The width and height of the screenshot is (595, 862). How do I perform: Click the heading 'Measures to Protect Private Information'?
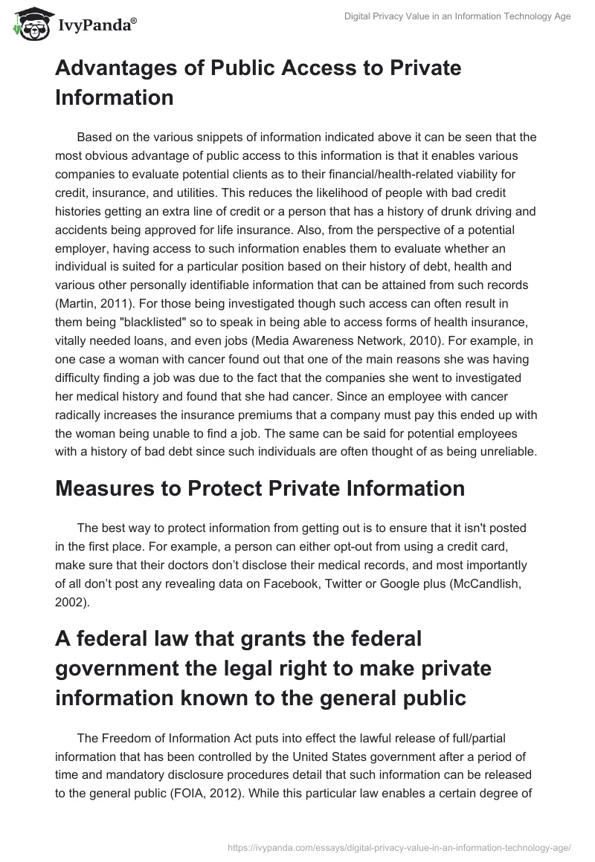(x=260, y=488)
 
